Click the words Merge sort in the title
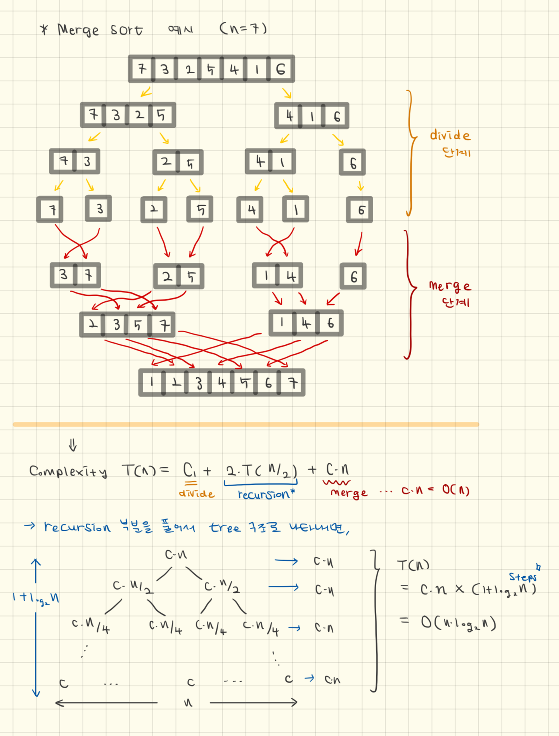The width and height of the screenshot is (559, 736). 100,30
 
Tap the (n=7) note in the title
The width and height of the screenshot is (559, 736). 243,28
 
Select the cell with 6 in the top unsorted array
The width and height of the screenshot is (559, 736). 280,69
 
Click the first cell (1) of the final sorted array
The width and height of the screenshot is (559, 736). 152,382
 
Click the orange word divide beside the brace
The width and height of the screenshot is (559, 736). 450,135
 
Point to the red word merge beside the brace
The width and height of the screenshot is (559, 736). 450,286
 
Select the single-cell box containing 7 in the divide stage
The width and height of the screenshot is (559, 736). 50,210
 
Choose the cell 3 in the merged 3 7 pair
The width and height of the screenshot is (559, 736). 63,275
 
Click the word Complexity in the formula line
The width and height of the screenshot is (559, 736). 68,472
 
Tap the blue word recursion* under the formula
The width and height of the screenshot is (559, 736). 266,494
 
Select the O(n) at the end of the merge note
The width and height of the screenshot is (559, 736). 456,490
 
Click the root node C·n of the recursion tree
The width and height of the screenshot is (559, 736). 176,555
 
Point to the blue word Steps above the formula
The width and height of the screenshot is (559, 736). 523,577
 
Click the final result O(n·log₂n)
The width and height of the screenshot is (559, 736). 459,623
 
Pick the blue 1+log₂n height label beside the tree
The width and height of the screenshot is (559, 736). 36,598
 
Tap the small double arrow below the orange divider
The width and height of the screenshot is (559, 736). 73,445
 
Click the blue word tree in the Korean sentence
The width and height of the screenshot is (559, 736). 225,527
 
